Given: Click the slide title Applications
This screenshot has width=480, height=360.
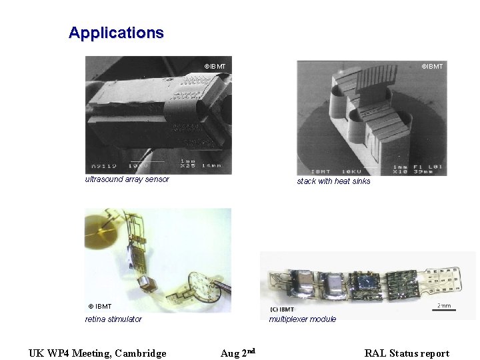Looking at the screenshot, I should point(116,33).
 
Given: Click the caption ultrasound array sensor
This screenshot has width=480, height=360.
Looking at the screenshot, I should point(127,179).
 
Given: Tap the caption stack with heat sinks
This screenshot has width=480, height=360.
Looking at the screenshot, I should point(333,181).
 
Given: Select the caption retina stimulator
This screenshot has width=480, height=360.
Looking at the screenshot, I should point(113,319).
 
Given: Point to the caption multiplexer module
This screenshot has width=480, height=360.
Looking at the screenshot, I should point(302,319).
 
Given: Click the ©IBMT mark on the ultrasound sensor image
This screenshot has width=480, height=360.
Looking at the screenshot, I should point(215,67).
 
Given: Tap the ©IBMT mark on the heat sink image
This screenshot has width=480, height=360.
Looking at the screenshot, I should point(431,66).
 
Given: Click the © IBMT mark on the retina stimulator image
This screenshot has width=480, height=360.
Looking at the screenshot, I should point(100,307).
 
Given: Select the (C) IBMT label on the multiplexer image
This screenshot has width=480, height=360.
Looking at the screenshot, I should point(282,309).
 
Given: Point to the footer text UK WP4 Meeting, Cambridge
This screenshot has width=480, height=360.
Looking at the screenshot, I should point(97,353).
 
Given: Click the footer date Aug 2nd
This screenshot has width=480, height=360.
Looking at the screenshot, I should point(238,353).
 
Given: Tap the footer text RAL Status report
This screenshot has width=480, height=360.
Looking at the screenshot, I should point(407,353).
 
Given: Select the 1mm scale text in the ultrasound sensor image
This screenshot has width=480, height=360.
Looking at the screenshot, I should point(189,160).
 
